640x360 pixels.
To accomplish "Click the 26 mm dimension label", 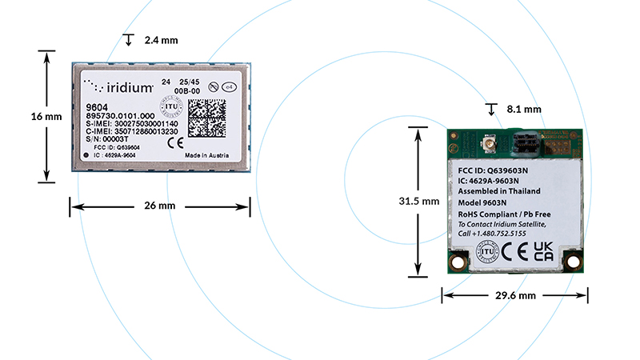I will point(160,206).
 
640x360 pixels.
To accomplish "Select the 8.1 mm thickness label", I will point(525,109).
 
